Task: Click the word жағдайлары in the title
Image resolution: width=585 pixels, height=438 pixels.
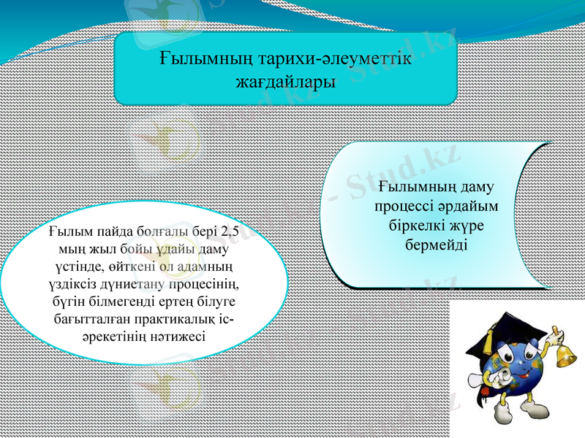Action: click(x=285, y=82)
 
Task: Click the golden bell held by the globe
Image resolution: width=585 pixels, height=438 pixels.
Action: click(x=564, y=353)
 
